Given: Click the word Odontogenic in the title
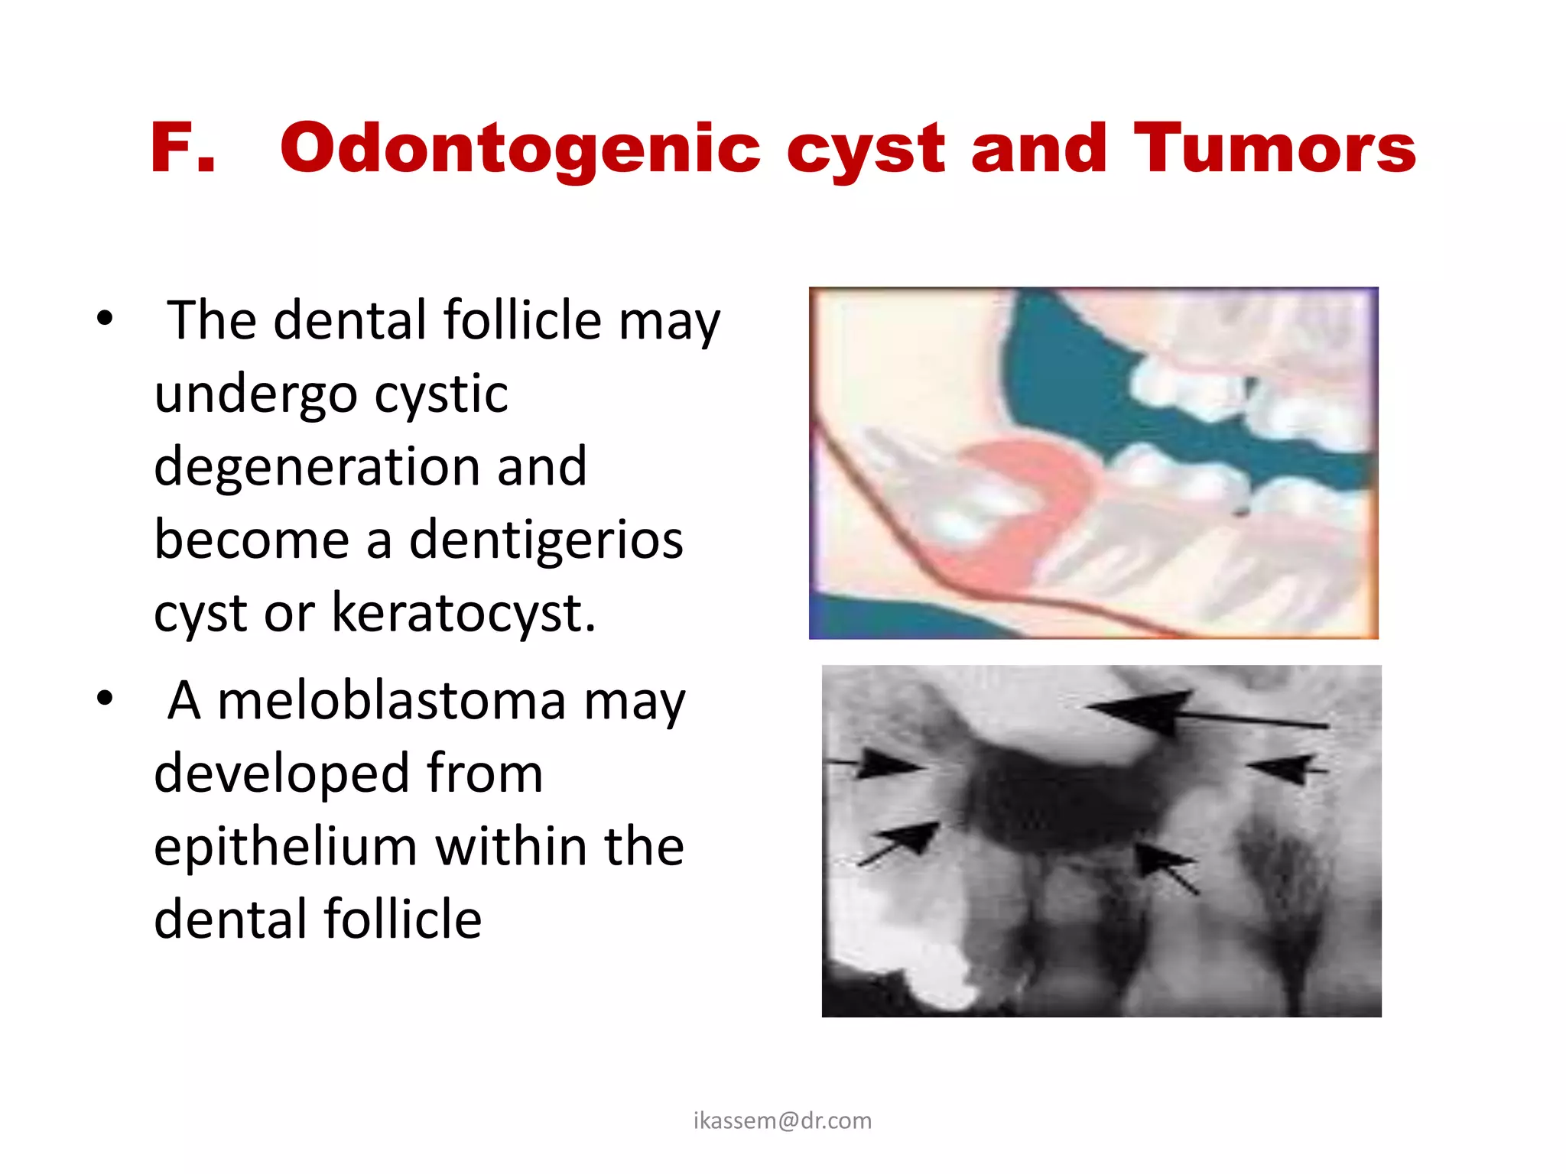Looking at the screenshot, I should pyautogui.click(x=520, y=149).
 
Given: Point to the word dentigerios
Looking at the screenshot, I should pyautogui.click(x=546, y=539).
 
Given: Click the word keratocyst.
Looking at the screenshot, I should pyautogui.click(x=463, y=612).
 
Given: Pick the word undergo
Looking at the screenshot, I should pyautogui.click(x=255, y=394).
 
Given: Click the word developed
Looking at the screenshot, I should pyautogui.click(x=280, y=773).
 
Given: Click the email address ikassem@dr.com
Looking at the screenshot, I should pyautogui.click(x=782, y=1120).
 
